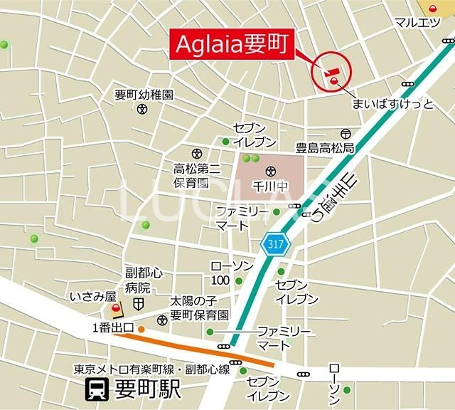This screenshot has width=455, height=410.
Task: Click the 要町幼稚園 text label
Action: (144, 94)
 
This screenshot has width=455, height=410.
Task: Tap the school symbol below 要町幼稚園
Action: (143, 110)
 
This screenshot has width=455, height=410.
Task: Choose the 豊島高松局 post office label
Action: (325, 149)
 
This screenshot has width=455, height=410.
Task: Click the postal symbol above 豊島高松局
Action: (346, 133)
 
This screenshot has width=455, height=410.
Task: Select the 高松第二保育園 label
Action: (196, 175)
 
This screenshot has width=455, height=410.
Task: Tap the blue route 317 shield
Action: (274, 244)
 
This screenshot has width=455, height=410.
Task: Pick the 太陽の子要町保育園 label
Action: (199, 307)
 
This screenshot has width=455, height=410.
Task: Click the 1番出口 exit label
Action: (113, 328)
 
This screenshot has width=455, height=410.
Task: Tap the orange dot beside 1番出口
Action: (141, 329)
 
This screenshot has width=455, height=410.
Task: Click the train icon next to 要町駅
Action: (95, 389)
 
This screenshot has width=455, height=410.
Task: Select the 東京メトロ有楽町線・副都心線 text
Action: (151, 369)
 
